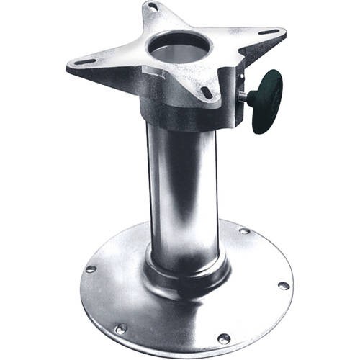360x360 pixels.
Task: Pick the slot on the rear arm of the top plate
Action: click(152, 6)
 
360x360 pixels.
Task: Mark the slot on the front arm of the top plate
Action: click(207, 92)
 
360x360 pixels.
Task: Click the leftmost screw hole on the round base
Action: click(91, 269)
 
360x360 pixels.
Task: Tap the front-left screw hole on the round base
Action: click(121, 328)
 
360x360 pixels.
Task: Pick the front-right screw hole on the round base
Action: click(225, 338)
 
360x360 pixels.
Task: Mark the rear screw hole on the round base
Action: click(243, 231)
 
